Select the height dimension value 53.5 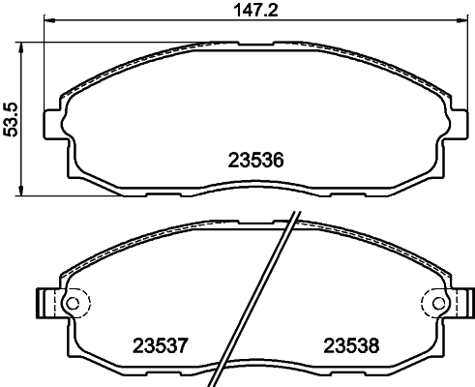11,118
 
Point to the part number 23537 159,343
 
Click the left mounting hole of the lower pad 70,303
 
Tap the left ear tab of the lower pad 45,303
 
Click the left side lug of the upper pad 54,122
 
